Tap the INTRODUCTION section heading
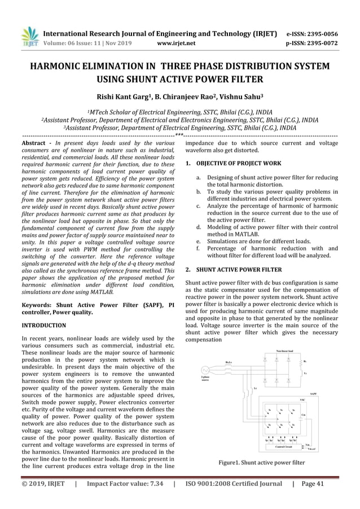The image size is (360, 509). click(x=43, y=326)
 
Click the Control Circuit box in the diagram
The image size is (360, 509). click(x=285, y=446)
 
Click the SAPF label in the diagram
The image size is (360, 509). click(x=313, y=394)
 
